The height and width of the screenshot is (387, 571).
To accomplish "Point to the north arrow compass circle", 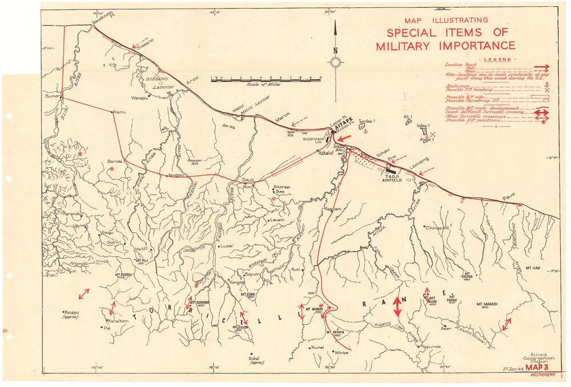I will tap(336, 62).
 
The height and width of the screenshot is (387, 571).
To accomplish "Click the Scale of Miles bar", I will tap(266, 79).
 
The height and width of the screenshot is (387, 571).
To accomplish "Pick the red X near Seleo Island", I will tap(433, 134).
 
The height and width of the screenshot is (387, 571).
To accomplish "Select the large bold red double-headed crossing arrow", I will tap(397, 307).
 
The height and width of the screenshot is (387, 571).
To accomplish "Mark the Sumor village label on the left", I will tap(53, 96).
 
